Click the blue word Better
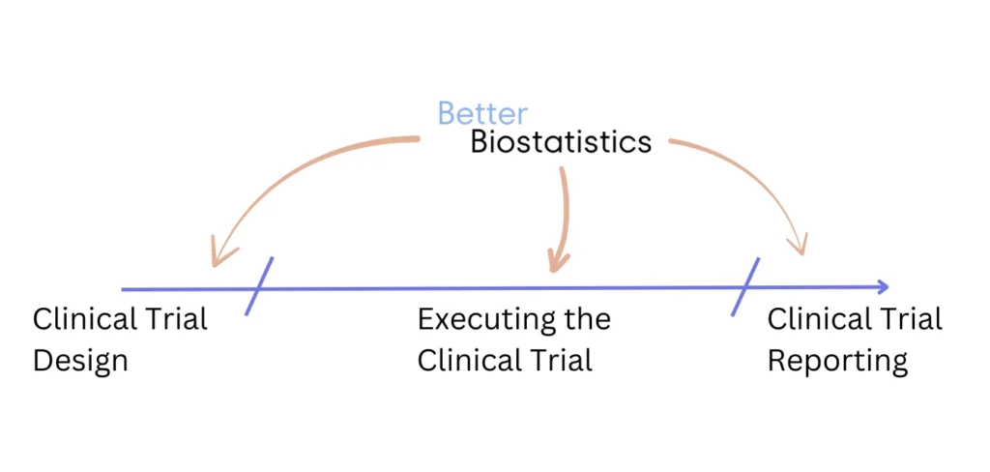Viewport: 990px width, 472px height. (x=483, y=114)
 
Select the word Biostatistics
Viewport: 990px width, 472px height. (x=562, y=141)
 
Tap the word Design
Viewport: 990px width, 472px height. (x=80, y=362)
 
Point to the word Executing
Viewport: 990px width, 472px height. (x=479, y=320)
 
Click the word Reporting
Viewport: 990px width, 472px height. (x=838, y=362)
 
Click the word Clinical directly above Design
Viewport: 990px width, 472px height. (x=85, y=319)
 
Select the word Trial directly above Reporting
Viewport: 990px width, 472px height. (x=911, y=319)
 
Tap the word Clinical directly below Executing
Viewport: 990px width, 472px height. (x=470, y=361)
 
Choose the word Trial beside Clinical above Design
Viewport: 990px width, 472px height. (x=177, y=319)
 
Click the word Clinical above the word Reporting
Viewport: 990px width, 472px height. (x=820, y=319)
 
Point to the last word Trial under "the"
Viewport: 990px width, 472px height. (x=562, y=361)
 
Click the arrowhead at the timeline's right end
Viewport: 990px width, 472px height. (x=882, y=287)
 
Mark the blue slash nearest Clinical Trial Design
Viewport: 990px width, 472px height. (x=259, y=285)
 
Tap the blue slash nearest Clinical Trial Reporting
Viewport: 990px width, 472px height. (x=745, y=287)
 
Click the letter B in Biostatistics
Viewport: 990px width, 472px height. (x=480, y=141)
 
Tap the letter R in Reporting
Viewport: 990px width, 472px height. (x=777, y=360)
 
